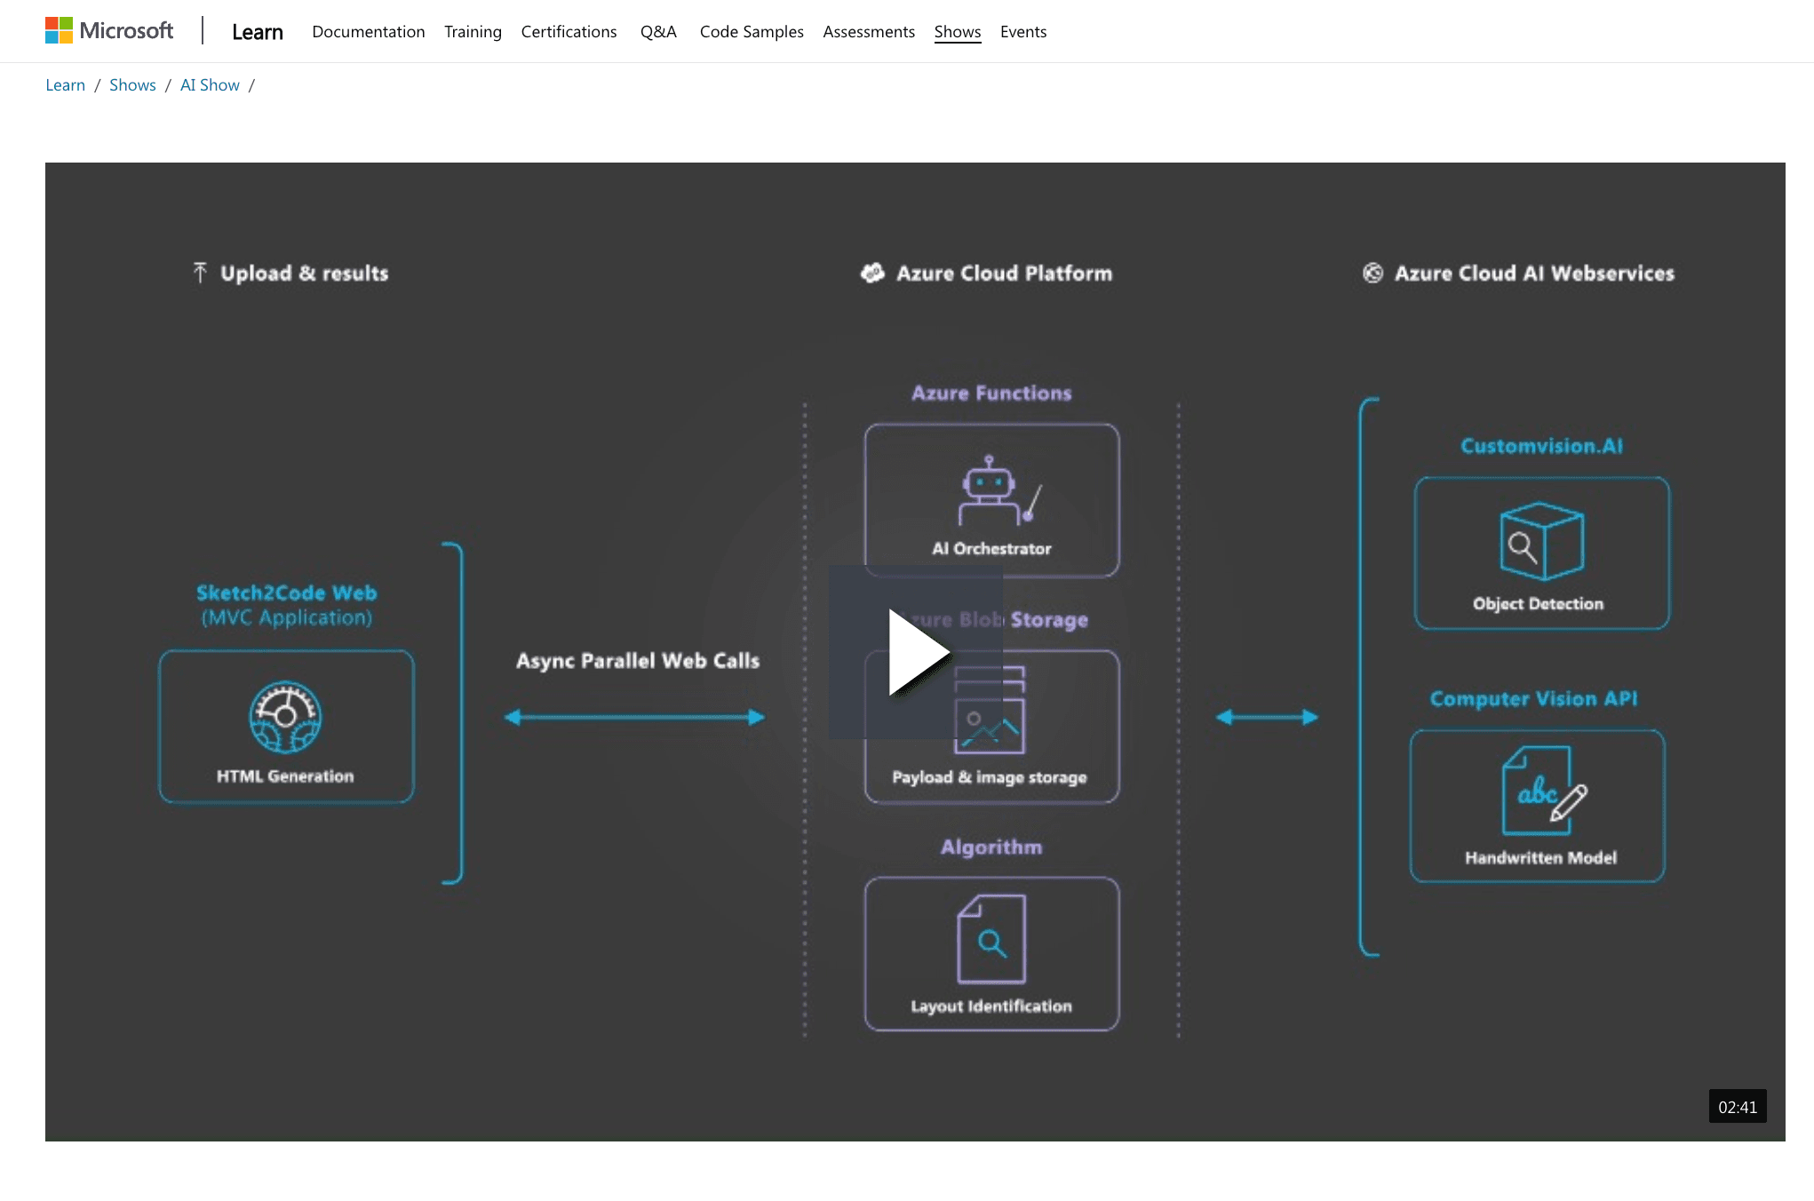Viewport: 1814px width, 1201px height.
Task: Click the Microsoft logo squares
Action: coord(59,31)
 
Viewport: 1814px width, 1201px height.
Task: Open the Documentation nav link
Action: coord(368,32)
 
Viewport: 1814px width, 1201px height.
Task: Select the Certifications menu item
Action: coord(569,32)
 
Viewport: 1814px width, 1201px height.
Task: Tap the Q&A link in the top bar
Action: coord(658,32)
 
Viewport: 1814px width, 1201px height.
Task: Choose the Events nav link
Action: coord(1022,32)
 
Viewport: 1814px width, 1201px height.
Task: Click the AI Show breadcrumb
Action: coord(210,85)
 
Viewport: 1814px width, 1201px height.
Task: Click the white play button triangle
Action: coord(917,652)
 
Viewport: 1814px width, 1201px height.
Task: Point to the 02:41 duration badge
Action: coord(1737,1107)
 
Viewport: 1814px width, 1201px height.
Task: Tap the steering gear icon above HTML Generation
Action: coord(285,717)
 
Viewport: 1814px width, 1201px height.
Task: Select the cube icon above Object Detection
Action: coord(1541,541)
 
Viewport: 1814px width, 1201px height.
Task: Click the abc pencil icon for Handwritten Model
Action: coord(1543,791)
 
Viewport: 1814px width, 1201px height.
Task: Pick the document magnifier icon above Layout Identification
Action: coord(991,939)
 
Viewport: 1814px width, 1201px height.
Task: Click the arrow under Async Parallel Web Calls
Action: coord(634,717)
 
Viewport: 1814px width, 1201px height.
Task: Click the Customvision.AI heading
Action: coord(1541,446)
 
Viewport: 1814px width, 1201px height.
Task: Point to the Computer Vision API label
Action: coord(1533,699)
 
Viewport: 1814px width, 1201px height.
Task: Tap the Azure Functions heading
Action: coord(991,393)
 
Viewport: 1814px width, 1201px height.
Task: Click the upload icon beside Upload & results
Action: coord(200,273)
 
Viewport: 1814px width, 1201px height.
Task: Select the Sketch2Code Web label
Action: coord(286,593)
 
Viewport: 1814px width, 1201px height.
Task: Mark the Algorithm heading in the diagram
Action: coord(991,847)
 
